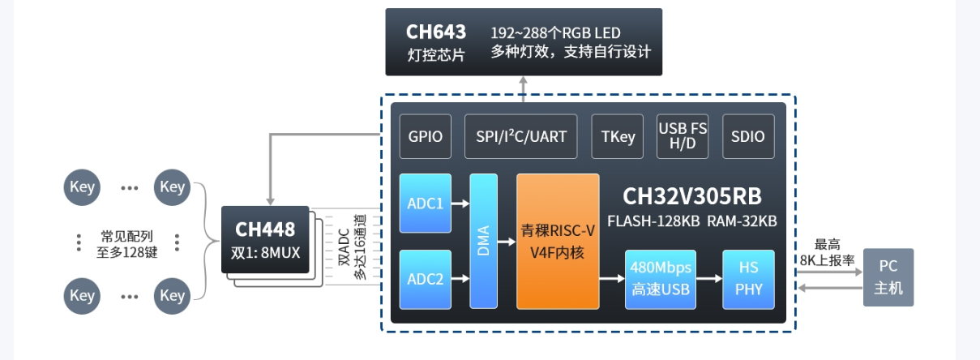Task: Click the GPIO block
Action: tap(426, 136)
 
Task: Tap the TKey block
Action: tap(618, 136)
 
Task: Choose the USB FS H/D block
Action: tap(683, 136)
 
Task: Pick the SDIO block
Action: tap(747, 136)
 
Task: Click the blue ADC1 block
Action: tap(425, 204)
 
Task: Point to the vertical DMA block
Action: tap(484, 241)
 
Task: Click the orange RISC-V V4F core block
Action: tap(558, 241)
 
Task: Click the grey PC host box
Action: tap(888, 277)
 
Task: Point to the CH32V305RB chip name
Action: tap(691, 197)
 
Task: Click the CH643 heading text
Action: tap(436, 32)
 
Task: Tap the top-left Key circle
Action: tap(82, 187)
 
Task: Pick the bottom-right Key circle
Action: tap(172, 296)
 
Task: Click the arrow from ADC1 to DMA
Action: tap(460, 204)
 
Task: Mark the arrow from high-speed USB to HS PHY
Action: tap(709, 279)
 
